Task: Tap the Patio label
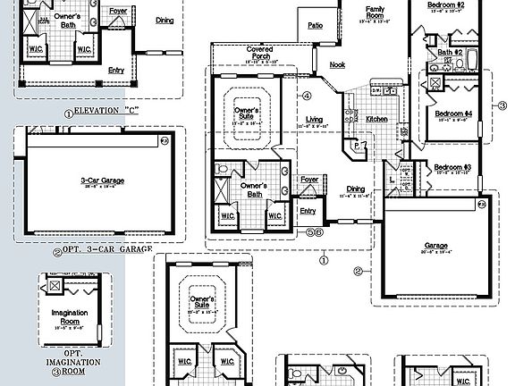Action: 316,26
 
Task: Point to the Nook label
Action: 336,64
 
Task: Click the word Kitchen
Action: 376,118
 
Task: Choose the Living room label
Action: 314,118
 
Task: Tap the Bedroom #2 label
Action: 448,5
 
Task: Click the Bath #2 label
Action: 449,53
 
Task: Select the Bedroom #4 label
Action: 453,114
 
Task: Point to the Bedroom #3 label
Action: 452,167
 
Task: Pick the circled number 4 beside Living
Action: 307,96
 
